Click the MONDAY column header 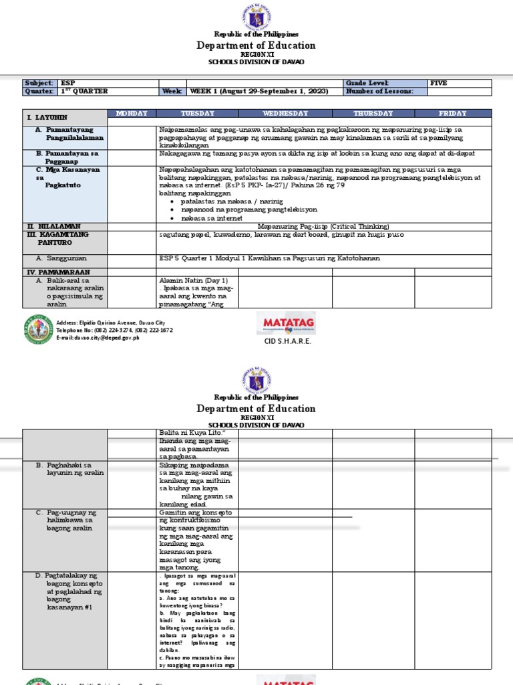point(132,114)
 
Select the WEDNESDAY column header point(285,114)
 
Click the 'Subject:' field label point(39,83)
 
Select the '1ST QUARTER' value point(84,91)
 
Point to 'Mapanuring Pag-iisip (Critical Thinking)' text point(323,227)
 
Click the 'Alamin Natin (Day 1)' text point(194,280)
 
